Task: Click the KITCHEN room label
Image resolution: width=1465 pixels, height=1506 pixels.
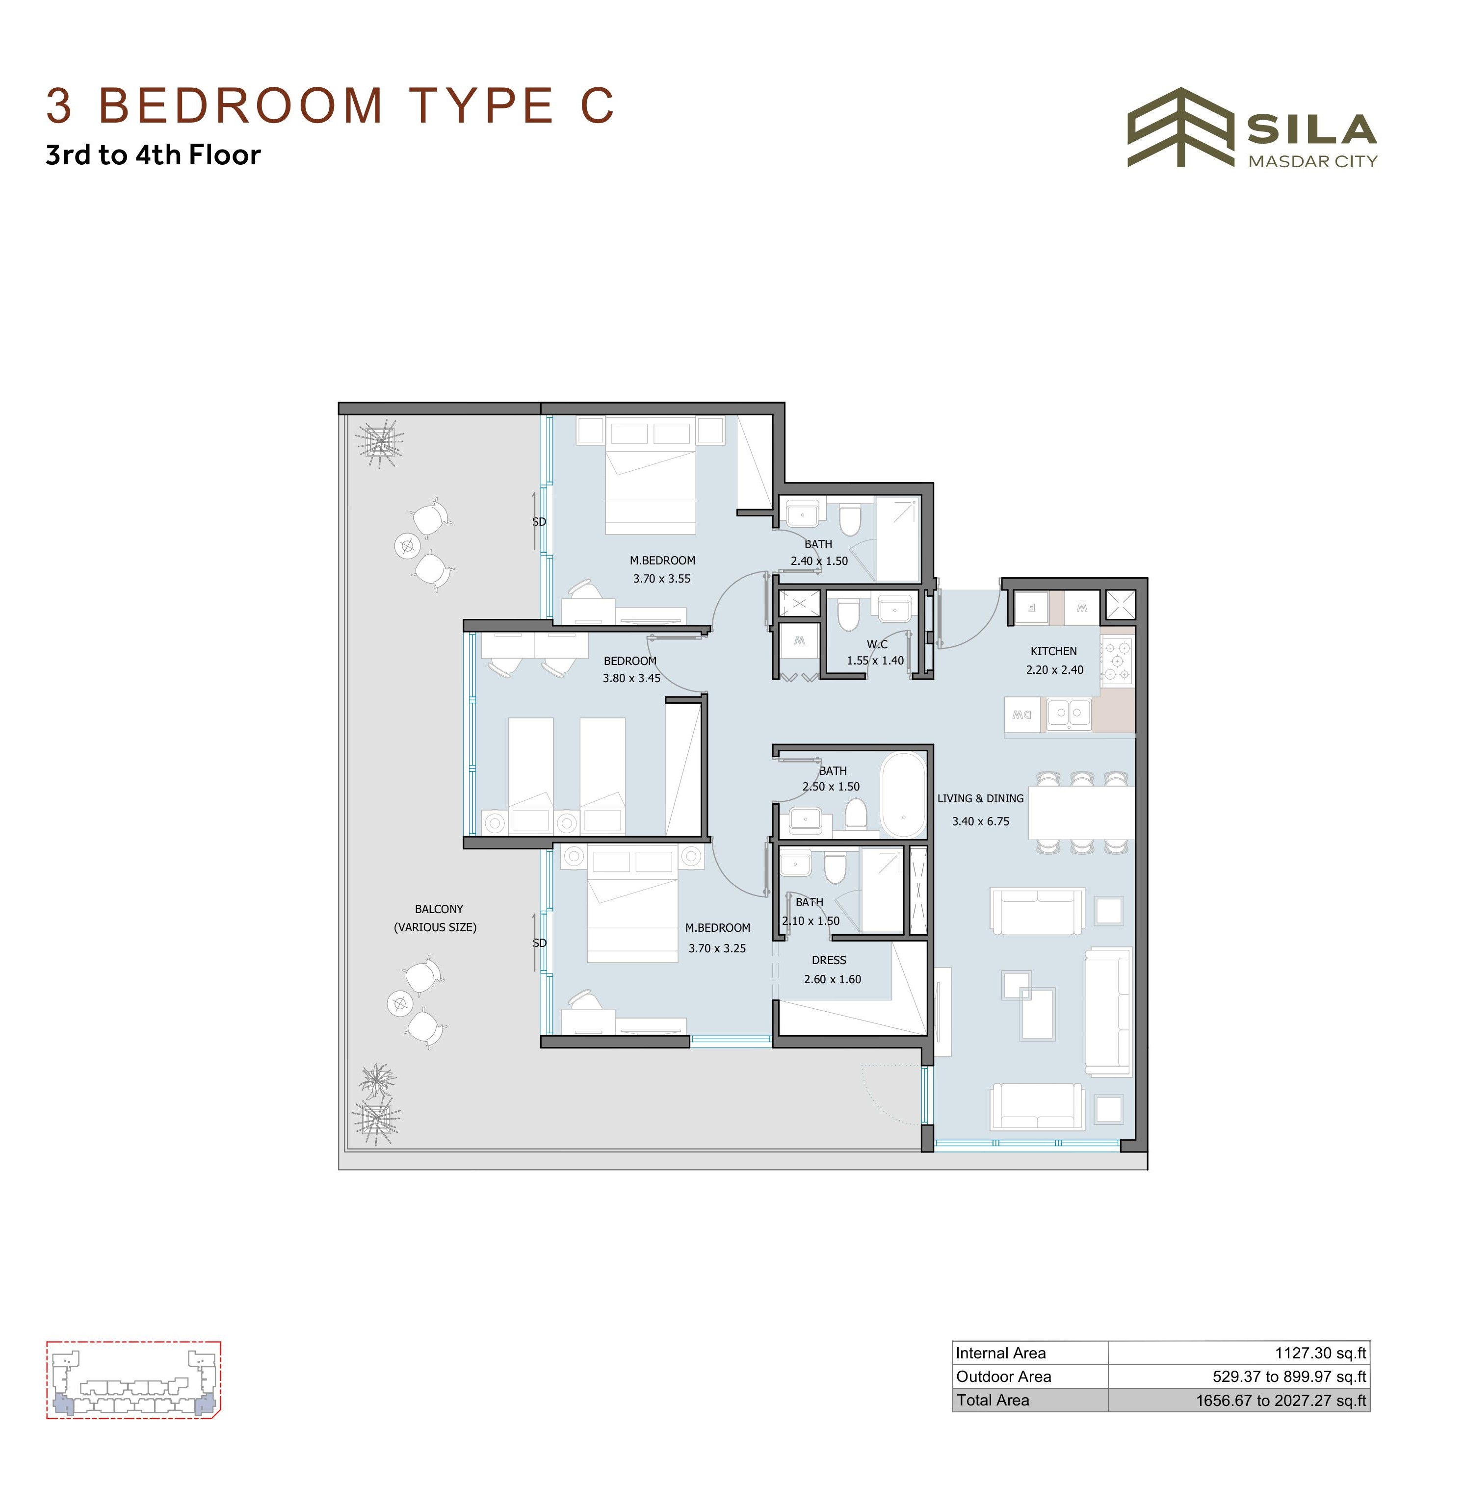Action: point(1053,651)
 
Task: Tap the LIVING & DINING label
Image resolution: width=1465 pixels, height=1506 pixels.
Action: point(980,798)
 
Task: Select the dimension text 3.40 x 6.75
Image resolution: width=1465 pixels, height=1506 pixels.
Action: point(980,821)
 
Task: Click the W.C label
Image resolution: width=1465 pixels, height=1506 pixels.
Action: point(877,644)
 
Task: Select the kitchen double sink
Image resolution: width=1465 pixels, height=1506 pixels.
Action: point(1069,714)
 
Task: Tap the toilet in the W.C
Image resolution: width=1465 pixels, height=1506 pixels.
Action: point(848,614)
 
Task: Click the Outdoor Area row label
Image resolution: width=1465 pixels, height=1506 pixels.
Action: point(1003,1376)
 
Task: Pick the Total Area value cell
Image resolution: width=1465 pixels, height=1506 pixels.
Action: point(1239,1400)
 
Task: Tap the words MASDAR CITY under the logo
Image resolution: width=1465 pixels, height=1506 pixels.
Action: point(1312,161)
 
